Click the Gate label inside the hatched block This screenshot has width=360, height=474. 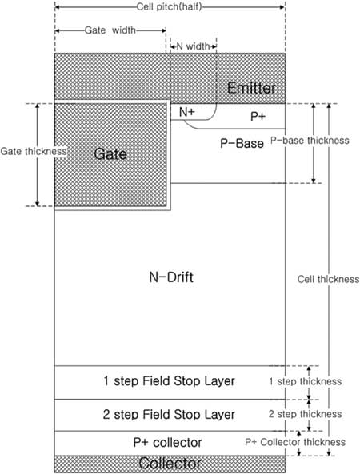coord(110,153)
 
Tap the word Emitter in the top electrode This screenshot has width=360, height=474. coord(251,88)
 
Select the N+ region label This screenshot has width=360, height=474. coord(187,112)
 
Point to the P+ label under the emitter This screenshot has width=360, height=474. coord(258,117)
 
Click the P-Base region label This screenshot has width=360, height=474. coord(242,143)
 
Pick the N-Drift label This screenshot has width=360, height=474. coord(171,277)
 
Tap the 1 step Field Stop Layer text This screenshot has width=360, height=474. coord(169,381)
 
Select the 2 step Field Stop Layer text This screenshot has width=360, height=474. coord(169,414)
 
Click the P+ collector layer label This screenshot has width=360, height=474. coord(167,443)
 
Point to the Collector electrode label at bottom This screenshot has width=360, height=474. coord(170,463)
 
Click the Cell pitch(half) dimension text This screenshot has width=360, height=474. coord(169,6)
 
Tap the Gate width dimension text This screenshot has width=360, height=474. coord(110,30)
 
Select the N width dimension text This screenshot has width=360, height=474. coord(193,46)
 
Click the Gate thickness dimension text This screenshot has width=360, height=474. coord(34,151)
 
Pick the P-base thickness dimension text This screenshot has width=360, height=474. coord(310,140)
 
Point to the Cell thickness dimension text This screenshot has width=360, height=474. coord(328,279)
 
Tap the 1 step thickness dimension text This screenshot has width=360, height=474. coord(306,381)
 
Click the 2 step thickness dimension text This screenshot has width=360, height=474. coord(306,414)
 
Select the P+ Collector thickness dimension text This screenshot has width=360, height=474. coord(295,442)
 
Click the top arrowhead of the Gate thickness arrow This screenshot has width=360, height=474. coord(38,106)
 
